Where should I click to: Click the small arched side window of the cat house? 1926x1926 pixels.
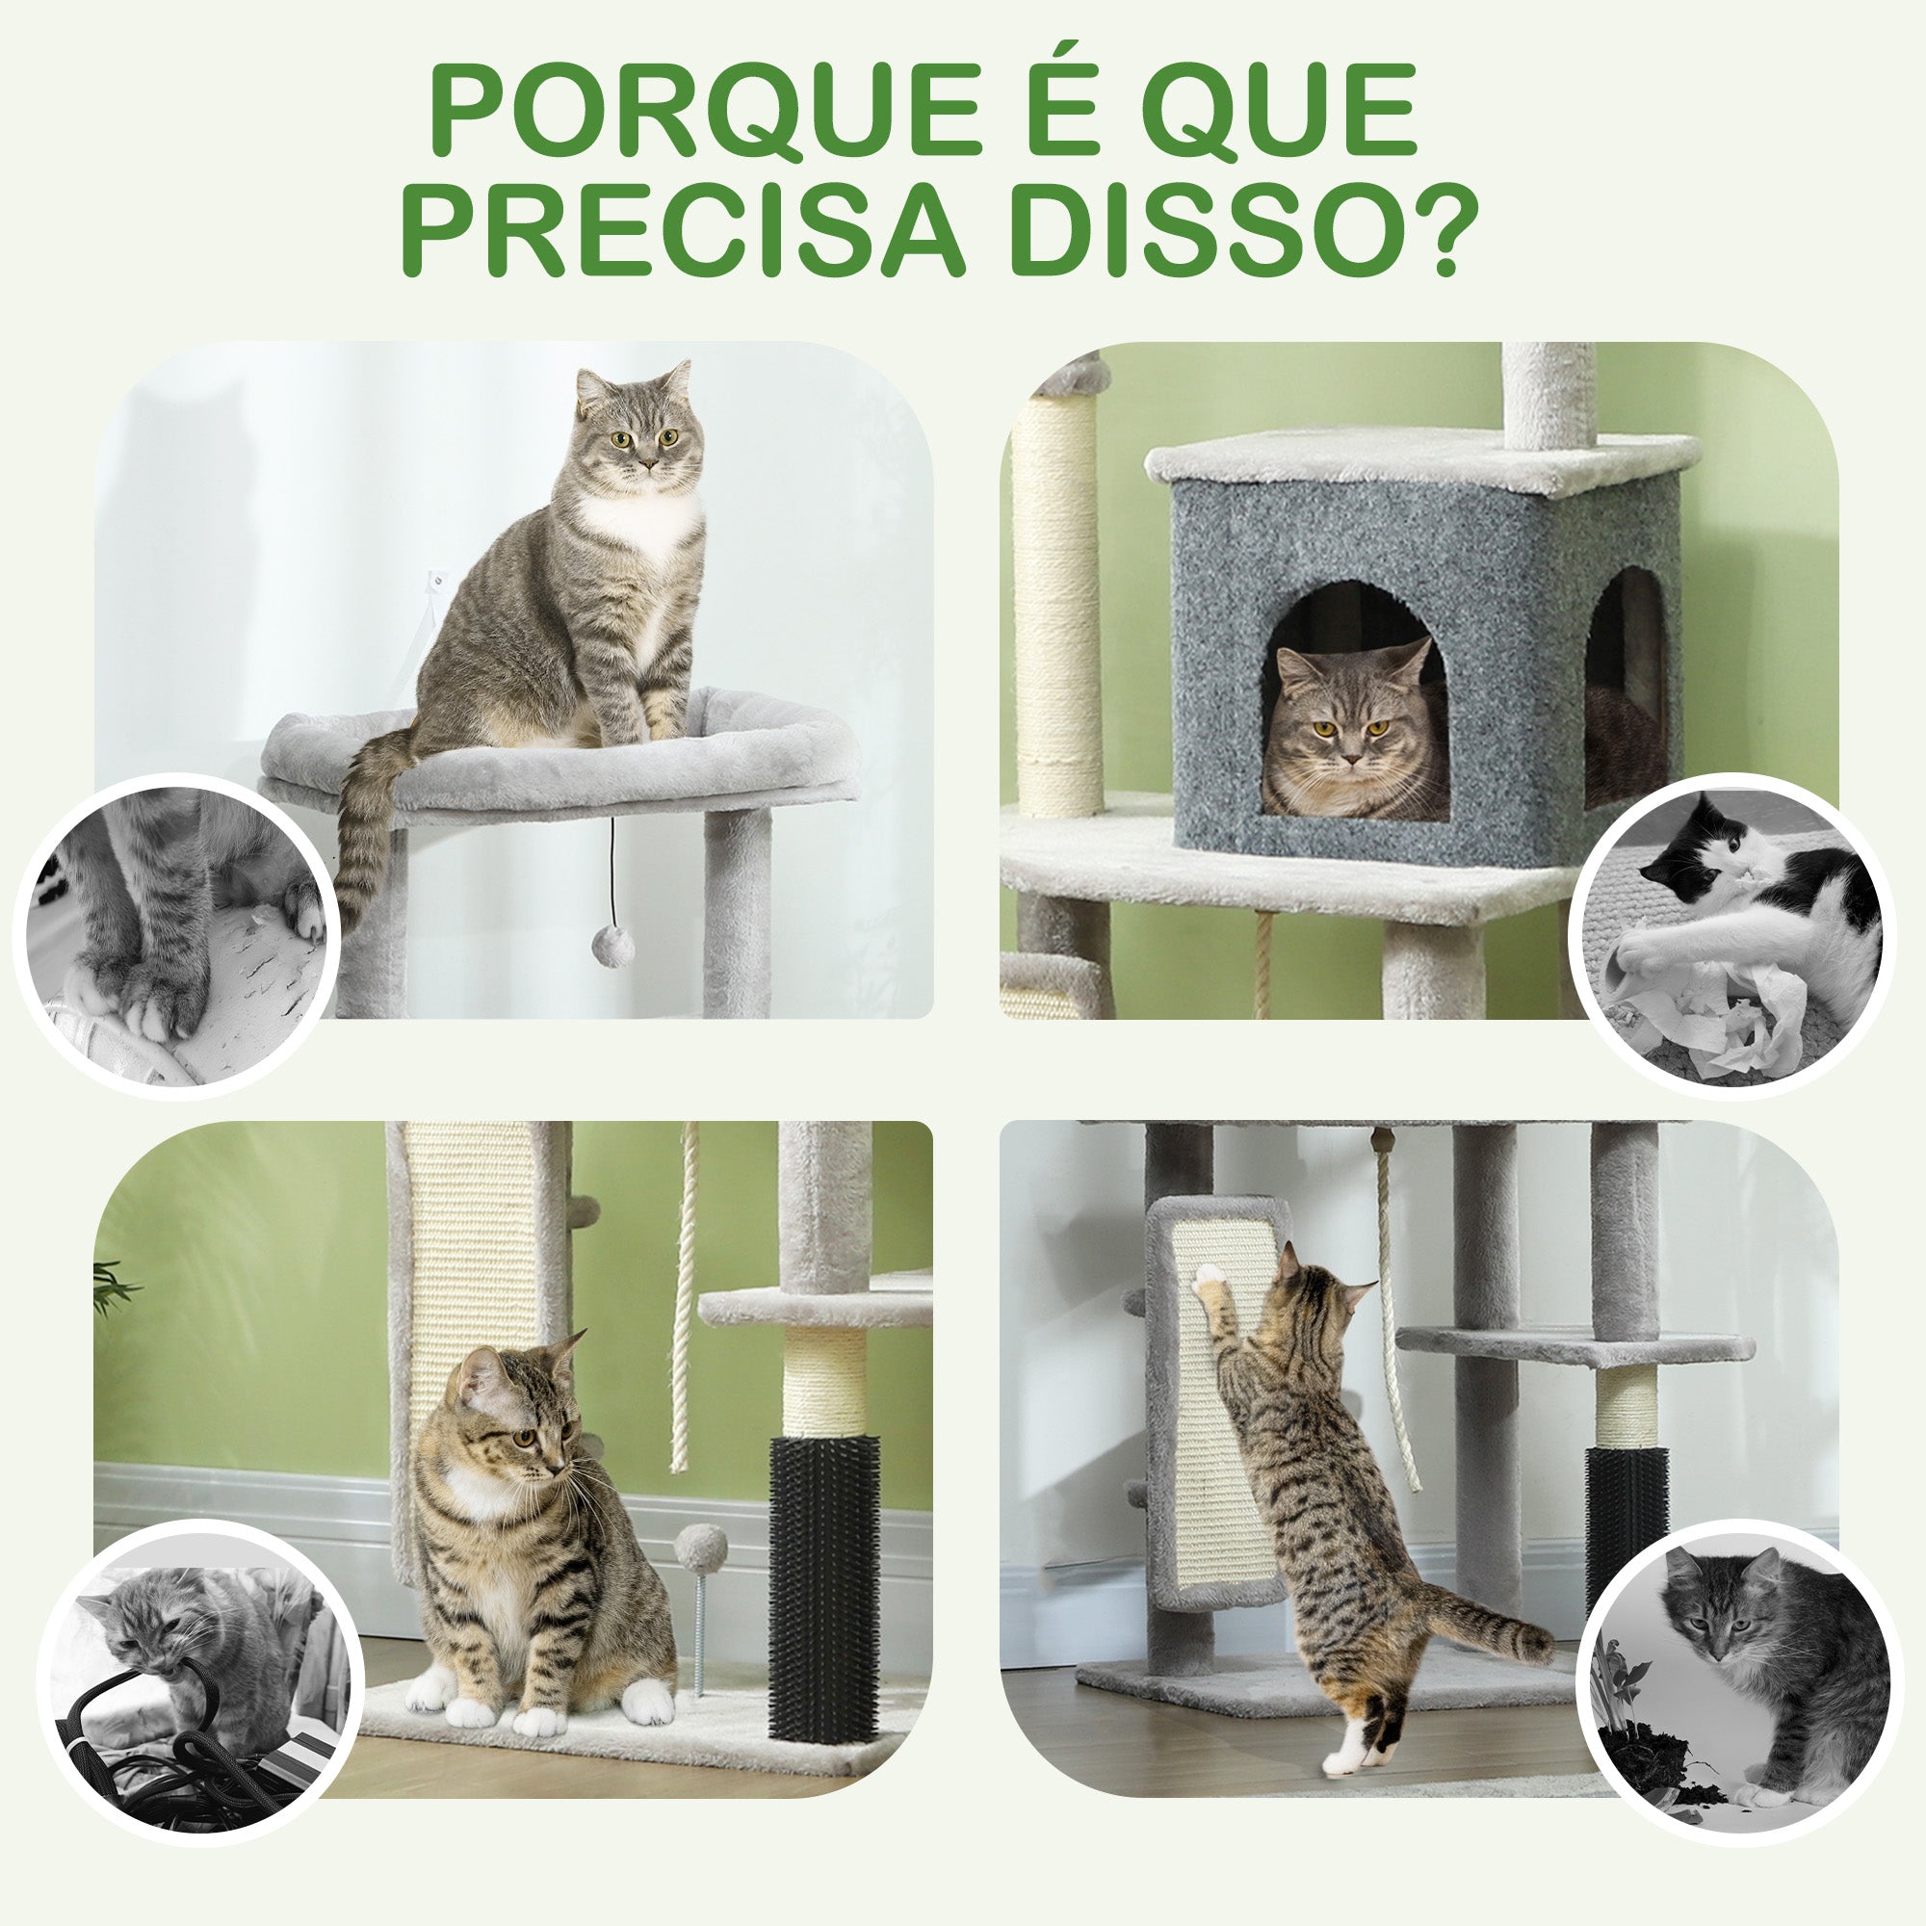pos(1625,688)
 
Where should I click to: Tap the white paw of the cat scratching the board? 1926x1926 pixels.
pos(1209,1275)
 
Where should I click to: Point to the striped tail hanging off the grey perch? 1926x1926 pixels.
pos(367,827)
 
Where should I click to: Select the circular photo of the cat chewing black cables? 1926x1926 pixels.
pos(199,1681)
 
